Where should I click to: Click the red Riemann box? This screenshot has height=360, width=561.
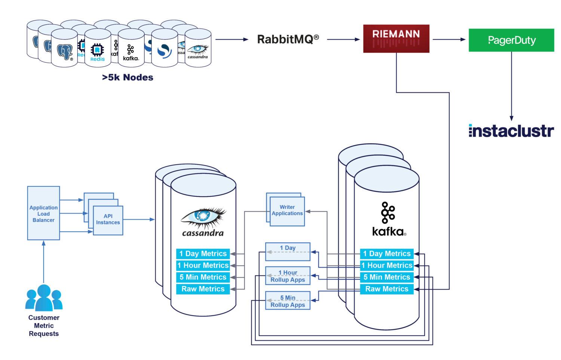[396, 39]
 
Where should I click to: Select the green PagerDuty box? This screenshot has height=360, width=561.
[511, 40]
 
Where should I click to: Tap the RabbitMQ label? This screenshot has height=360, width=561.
[288, 39]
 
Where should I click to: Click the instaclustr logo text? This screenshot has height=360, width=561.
[511, 131]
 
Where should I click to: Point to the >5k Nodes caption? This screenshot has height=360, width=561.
[128, 77]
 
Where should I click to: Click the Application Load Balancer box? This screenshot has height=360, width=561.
[43, 213]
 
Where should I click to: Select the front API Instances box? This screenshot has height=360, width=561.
[108, 220]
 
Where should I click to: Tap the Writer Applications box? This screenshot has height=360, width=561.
[287, 211]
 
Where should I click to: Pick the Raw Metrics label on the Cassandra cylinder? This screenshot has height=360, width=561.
[203, 289]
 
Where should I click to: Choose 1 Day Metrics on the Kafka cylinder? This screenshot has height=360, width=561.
[387, 254]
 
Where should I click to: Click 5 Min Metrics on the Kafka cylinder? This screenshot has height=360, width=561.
[387, 277]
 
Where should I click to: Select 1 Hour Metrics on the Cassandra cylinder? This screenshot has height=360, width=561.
[203, 265]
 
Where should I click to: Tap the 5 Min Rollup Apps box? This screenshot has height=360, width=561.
[288, 301]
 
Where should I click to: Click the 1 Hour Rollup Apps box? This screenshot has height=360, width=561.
[288, 276]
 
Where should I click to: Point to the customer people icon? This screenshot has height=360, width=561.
[44, 298]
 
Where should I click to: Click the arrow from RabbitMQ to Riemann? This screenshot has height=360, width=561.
[343, 39]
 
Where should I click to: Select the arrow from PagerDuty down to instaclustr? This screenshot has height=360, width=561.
[511, 86]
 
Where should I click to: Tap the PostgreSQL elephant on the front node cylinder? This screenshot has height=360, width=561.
[64, 52]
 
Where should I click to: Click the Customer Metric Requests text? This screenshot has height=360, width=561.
[44, 326]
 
